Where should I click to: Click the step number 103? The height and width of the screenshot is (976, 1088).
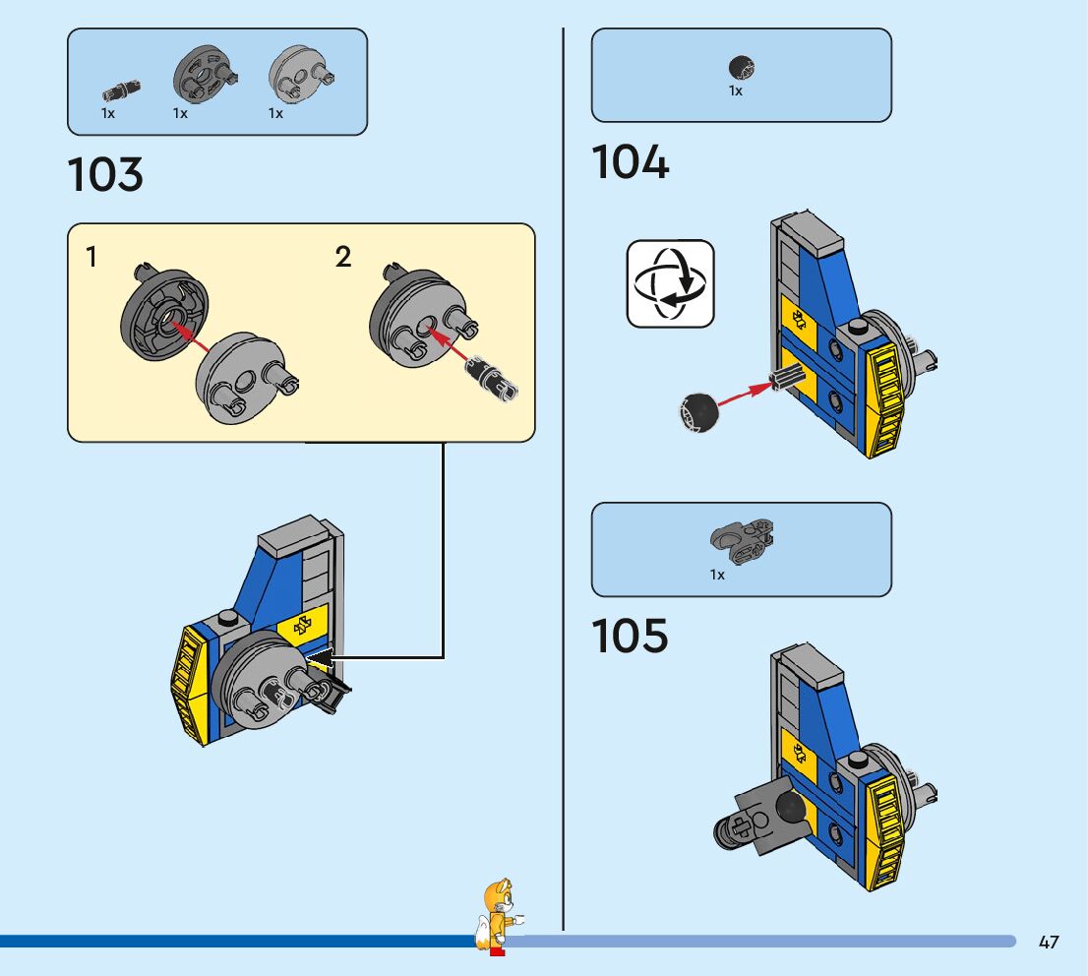[105, 175]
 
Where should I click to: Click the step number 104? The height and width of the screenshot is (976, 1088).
[630, 162]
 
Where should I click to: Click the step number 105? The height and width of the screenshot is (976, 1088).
[630, 636]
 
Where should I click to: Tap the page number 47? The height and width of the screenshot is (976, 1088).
[1049, 943]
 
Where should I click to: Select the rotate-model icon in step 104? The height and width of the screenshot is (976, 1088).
[670, 283]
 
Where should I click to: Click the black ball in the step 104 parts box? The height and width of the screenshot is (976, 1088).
[741, 68]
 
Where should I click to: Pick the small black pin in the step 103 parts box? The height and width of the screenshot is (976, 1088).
[120, 91]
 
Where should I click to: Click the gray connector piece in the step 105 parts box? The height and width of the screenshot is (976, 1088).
[743, 541]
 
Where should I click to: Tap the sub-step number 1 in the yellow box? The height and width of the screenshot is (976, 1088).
[91, 258]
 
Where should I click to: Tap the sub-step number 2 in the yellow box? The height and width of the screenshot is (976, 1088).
[342, 258]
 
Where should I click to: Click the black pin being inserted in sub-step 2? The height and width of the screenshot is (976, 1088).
[490, 377]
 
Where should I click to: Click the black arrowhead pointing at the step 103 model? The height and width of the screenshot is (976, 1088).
[321, 656]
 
